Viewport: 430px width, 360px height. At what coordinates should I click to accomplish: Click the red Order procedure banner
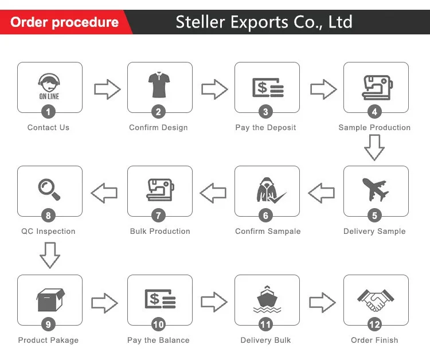64,22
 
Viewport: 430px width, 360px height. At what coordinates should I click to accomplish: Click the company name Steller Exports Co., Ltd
264,22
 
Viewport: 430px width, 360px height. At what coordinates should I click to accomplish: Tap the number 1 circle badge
49,112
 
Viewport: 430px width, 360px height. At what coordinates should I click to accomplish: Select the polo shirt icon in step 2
158,85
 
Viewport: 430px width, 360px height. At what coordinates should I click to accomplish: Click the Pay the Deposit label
265,127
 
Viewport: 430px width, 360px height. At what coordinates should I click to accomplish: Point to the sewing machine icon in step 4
376,87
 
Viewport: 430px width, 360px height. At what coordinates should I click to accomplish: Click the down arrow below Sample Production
374,147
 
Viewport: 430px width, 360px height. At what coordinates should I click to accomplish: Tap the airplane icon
375,190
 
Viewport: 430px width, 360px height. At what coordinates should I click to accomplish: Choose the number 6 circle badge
265,216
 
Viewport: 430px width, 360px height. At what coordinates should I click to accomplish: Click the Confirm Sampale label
268,231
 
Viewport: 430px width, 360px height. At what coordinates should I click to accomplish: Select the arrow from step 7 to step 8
104,193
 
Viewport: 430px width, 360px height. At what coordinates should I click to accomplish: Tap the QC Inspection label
48,231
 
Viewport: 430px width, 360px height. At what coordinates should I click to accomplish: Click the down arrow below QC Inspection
50,255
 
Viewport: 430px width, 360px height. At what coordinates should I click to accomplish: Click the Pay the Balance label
158,340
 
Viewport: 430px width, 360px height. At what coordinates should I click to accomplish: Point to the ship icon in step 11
267,300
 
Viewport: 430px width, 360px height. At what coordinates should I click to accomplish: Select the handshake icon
376,299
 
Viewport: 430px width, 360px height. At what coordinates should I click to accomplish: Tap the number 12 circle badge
374,324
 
